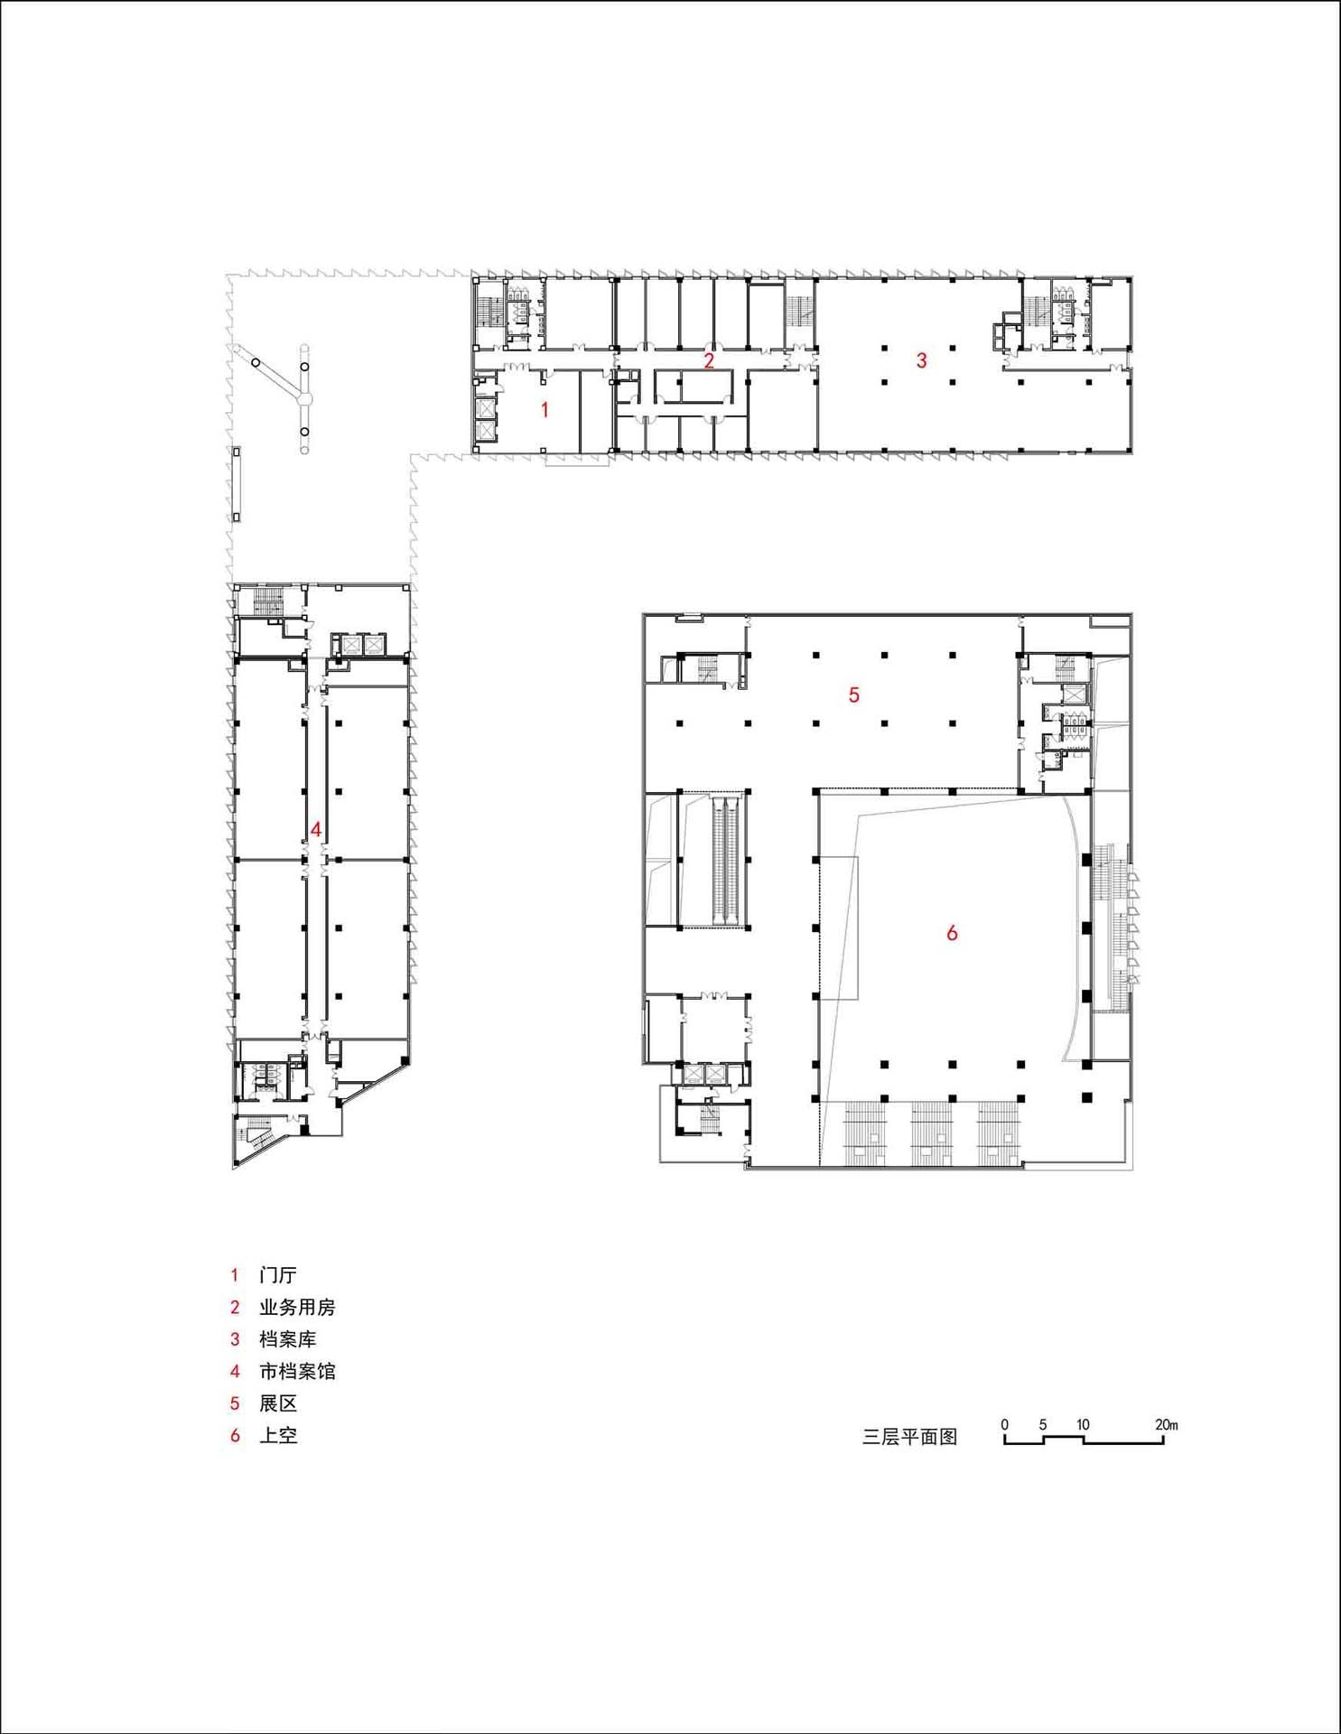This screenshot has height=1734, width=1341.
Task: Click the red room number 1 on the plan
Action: [x=545, y=410]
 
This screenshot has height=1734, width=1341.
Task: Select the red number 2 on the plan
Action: [x=709, y=361]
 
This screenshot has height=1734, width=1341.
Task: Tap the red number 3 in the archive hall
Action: [x=921, y=360]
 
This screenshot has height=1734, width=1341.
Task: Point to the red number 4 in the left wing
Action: [x=315, y=829]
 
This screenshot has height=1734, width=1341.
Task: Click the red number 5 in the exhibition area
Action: [x=853, y=695]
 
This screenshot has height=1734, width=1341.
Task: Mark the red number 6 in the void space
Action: [x=951, y=933]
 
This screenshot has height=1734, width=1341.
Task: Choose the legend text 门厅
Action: [x=278, y=1275]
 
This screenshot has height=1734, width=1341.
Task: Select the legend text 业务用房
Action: [x=297, y=1307]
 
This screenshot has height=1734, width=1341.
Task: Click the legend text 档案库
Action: [x=287, y=1339]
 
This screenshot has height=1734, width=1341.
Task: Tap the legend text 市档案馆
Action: [x=297, y=1371]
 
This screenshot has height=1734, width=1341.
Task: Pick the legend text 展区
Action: [x=278, y=1403]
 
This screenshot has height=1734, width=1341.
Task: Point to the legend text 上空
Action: [x=278, y=1435]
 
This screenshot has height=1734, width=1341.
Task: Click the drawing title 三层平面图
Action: [x=909, y=1437]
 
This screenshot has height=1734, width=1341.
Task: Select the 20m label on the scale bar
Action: [x=1166, y=1424]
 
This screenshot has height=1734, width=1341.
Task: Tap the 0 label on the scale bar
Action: [x=1004, y=1424]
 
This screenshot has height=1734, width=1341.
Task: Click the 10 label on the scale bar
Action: [x=1083, y=1424]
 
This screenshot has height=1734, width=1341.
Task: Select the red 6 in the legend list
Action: [x=235, y=1435]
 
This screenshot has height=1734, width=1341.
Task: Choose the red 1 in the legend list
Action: [x=235, y=1275]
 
